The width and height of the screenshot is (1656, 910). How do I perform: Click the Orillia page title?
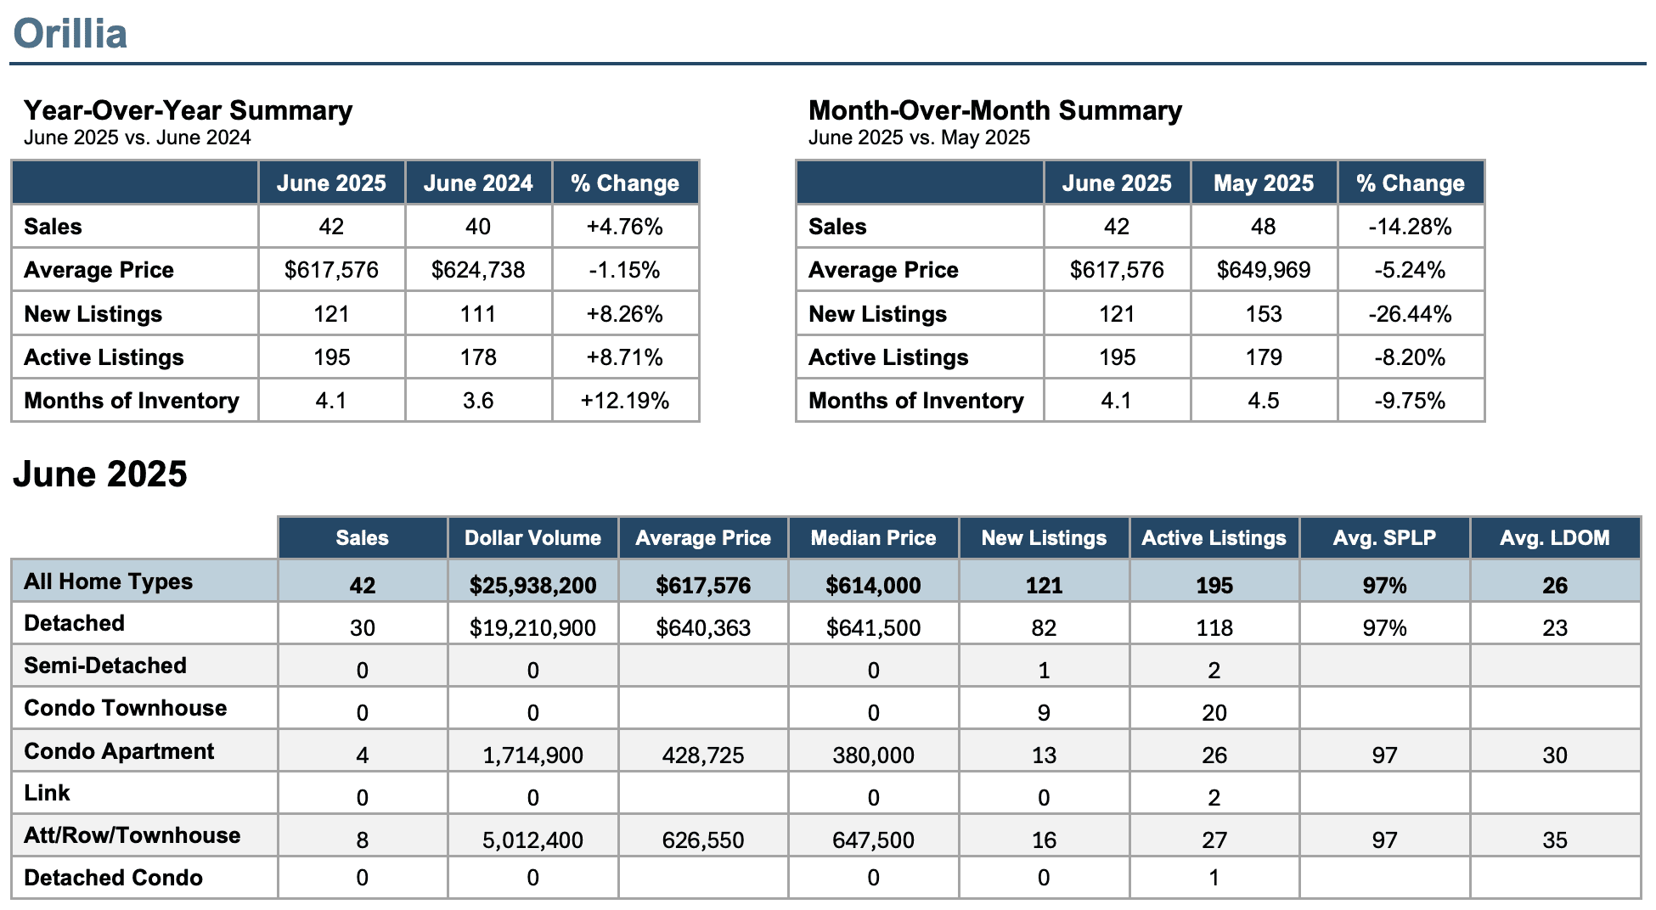70,34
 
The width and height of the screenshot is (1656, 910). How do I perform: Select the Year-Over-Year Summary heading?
188,110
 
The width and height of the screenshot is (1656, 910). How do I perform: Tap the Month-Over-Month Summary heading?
994,110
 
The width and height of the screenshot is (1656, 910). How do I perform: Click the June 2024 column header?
478,183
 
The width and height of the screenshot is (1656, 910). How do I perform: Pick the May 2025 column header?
1264,183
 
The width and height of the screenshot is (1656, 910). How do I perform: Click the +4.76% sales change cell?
625,227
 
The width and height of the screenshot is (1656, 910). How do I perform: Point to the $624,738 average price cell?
478,270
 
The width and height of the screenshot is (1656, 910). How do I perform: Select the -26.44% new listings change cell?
1411,314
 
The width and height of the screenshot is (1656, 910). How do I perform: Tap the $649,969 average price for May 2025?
1264,270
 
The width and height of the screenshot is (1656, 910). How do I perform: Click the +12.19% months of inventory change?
625,401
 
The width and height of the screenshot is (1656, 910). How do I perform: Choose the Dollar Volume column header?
532,538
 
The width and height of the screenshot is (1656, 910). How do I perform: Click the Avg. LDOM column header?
1555,538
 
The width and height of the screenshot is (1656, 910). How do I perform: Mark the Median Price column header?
873,538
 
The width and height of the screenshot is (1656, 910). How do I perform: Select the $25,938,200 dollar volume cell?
532,586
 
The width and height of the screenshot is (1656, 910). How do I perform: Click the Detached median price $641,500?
873,628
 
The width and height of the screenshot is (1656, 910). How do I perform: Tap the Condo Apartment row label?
119,751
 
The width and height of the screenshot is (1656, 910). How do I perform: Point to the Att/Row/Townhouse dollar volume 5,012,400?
532,840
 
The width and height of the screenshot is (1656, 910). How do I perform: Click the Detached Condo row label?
113,878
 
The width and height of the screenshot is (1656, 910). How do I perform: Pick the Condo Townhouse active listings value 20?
1214,713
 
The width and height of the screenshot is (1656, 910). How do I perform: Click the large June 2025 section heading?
100,474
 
